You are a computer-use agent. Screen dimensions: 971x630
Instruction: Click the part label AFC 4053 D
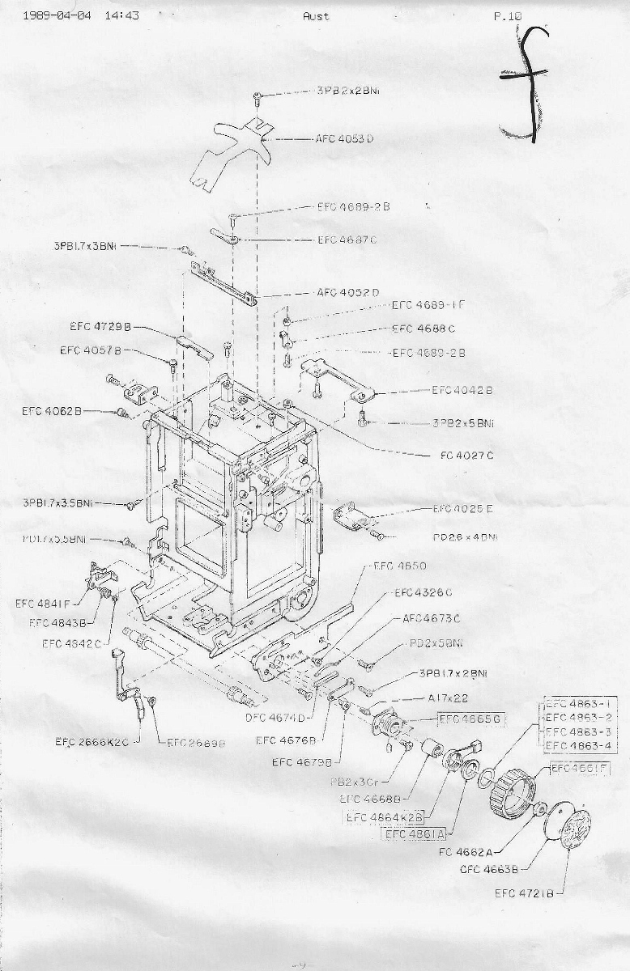tap(345, 139)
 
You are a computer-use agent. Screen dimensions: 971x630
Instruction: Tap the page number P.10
tap(509, 15)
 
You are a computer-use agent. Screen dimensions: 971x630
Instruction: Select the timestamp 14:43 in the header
tap(121, 15)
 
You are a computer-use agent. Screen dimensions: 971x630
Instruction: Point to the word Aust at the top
tap(316, 15)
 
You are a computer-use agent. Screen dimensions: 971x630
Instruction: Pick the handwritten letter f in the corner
tap(526, 81)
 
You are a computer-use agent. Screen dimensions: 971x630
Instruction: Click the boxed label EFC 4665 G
tap(471, 719)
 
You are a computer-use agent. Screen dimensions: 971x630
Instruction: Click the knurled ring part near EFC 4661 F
tap(513, 786)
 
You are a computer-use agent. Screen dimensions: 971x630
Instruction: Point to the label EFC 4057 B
tap(91, 350)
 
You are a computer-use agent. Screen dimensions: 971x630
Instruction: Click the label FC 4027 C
tap(466, 456)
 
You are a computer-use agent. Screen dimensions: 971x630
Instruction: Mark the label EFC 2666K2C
tap(92, 741)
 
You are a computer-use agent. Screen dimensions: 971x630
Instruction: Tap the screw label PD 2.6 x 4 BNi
tap(465, 537)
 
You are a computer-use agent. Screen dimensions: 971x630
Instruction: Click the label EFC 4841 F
tap(43, 603)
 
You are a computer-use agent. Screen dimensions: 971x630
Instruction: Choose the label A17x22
tap(446, 698)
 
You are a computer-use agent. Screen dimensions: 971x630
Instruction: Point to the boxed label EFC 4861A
tap(415, 834)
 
